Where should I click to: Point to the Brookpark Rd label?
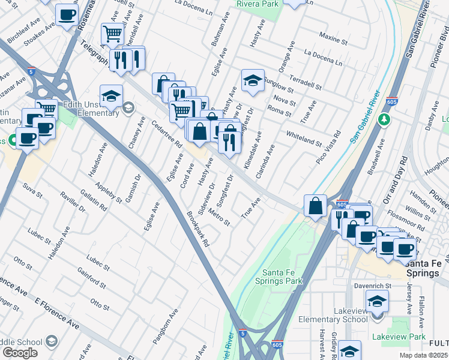pyautogui.click(x=197, y=229)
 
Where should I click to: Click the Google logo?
pyautogui.click(x=20, y=352)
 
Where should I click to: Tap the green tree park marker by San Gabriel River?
pyautogui.click(x=384, y=120)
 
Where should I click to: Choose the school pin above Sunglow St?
pyautogui.click(x=253, y=80)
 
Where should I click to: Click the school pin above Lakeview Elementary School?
pyautogui.click(x=377, y=301)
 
